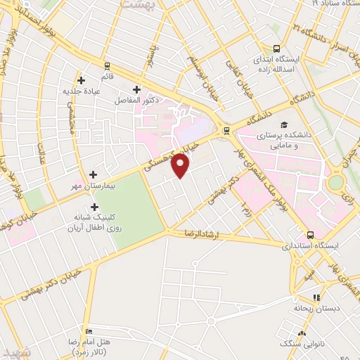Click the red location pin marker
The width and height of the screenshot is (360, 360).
[181, 166]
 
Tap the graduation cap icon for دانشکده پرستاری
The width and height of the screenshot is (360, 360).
[283, 124]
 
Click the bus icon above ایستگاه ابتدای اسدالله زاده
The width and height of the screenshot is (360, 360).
[276, 49]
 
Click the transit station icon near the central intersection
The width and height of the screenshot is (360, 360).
[225, 129]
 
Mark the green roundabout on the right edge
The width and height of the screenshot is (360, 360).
[337, 182]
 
